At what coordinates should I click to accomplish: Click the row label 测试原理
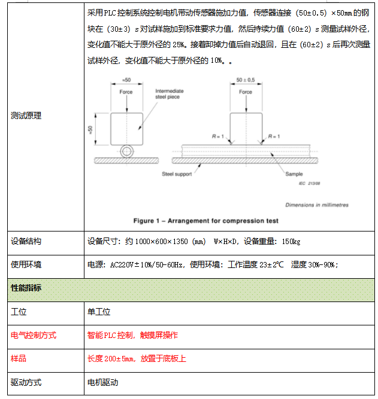tap(26, 116)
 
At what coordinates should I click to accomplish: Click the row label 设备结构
tap(26, 242)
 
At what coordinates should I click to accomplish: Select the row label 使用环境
tap(26, 264)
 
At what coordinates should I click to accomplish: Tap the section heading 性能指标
tap(26, 288)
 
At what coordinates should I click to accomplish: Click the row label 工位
tap(19, 312)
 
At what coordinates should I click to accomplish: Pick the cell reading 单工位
tap(99, 312)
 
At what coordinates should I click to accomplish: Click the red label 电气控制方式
tap(34, 335)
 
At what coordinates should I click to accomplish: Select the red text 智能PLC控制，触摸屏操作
tap(132, 335)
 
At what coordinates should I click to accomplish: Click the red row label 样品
tap(19, 358)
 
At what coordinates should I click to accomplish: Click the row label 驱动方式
tap(26, 382)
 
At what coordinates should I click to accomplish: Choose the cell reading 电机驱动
tap(103, 382)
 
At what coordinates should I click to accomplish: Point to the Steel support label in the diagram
tap(177, 174)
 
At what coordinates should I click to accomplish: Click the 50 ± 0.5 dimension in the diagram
tap(246, 80)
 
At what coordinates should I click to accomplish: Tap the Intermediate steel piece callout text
tap(170, 94)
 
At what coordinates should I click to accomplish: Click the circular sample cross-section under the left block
tap(126, 151)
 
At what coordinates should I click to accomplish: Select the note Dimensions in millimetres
tap(317, 205)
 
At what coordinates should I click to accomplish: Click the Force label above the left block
tap(126, 92)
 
